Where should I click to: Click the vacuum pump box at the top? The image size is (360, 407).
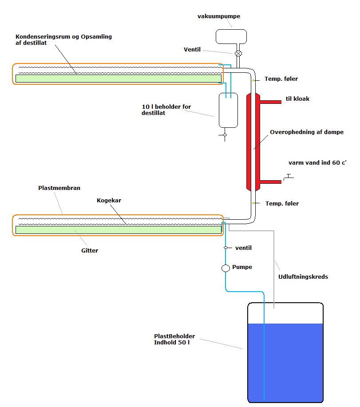[x=231, y=36]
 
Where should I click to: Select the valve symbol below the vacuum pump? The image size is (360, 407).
[x=238, y=53]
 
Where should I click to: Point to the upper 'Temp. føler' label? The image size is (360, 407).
[x=281, y=79]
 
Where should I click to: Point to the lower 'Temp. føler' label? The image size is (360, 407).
[x=282, y=204]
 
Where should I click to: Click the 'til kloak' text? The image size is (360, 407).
[x=297, y=99]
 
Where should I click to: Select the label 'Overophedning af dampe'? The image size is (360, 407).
[x=307, y=132]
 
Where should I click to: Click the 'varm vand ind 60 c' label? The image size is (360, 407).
[x=317, y=162]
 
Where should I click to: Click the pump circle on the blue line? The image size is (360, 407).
[x=225, y=268]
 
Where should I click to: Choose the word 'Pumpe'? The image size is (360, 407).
[x=242, y=267]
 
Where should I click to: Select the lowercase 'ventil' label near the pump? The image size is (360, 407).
[x=243, y=248]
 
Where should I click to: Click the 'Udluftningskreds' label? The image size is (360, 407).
[x=303, y=277]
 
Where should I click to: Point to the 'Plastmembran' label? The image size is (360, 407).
[x=59, y=188]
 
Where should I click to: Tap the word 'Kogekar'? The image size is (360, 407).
[x=109, y=201]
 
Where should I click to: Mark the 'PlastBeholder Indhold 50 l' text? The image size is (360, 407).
[x=174, y=340]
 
